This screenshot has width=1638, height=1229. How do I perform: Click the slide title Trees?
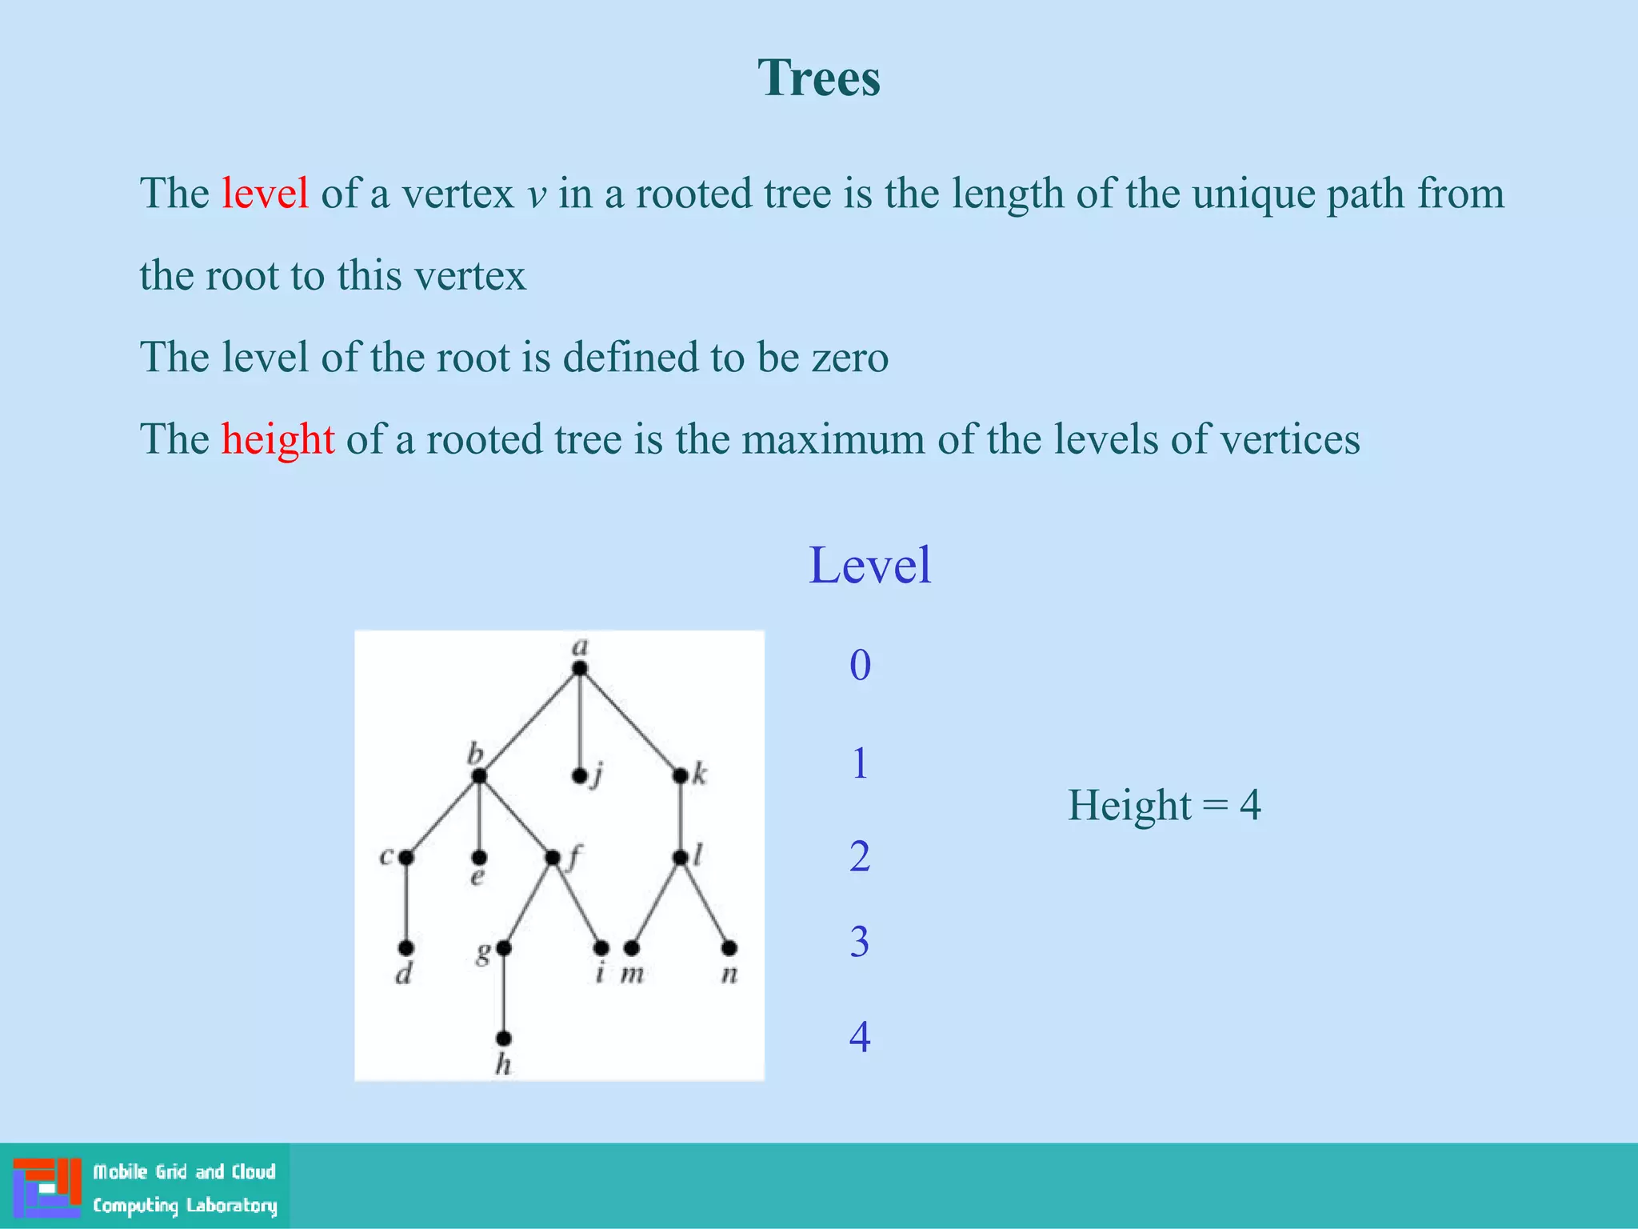pos(819,78)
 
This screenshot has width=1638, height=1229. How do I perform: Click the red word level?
pos(265,194)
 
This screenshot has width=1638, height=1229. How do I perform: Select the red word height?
pos(278,439)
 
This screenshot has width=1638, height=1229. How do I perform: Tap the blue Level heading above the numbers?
pos(869,566)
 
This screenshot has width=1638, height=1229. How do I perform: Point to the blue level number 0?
pos(860,665)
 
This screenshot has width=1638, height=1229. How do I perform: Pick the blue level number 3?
pos(860,942)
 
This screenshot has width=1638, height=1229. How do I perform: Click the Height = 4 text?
pos(1164,805)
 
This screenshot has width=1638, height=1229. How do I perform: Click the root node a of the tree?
pos(580,668)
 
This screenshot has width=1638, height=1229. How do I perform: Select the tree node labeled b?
pos(478,775)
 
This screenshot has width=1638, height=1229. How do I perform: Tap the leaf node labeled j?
pos(580,776)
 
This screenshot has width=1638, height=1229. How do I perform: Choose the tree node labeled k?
pos(680,775)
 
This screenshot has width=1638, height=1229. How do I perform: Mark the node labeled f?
pos(552,858)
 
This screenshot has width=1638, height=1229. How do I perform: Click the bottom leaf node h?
pos(503,1039)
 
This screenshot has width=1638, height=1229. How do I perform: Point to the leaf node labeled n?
pos(729,948)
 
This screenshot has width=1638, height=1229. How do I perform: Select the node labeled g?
pos(503,948)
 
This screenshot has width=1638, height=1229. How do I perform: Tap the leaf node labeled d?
pos(406,948)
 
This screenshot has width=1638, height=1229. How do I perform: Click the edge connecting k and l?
pos(680,816)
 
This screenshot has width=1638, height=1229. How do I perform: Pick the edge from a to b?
pos(529,722)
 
